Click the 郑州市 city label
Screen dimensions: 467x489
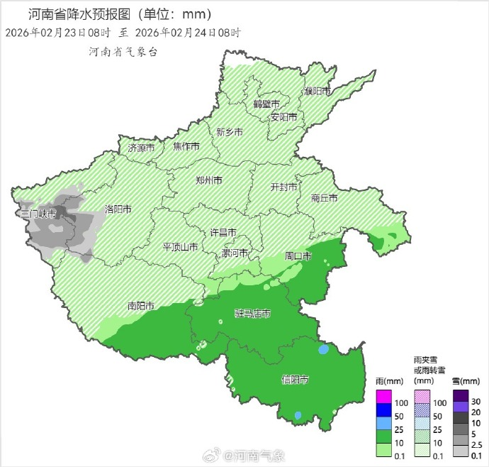click(208, 180)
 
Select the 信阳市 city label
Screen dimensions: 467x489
click(294, 380)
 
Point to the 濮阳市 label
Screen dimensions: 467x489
click(317, 92)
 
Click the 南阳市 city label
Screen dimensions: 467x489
click(141, 306)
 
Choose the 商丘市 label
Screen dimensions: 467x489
click(325, 199)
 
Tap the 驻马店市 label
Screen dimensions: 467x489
click(252, 313)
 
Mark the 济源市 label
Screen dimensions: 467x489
click(141, 148)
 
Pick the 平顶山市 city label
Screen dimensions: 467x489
click(180, 247)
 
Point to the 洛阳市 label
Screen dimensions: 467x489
click(118, 209)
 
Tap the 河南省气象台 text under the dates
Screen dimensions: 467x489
click(123, 52)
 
